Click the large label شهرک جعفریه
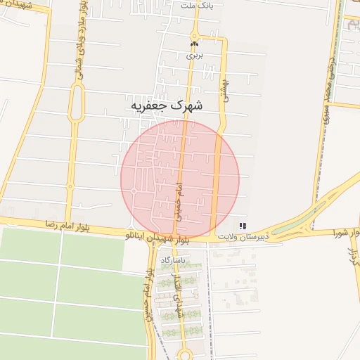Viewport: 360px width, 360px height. tap(167, 105)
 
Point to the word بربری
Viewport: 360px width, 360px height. tap(194, 53)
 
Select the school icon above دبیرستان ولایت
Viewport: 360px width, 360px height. tap(243, 226)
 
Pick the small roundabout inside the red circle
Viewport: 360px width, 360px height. tap(133, 191)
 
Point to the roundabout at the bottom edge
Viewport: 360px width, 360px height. tap(185, 354)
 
